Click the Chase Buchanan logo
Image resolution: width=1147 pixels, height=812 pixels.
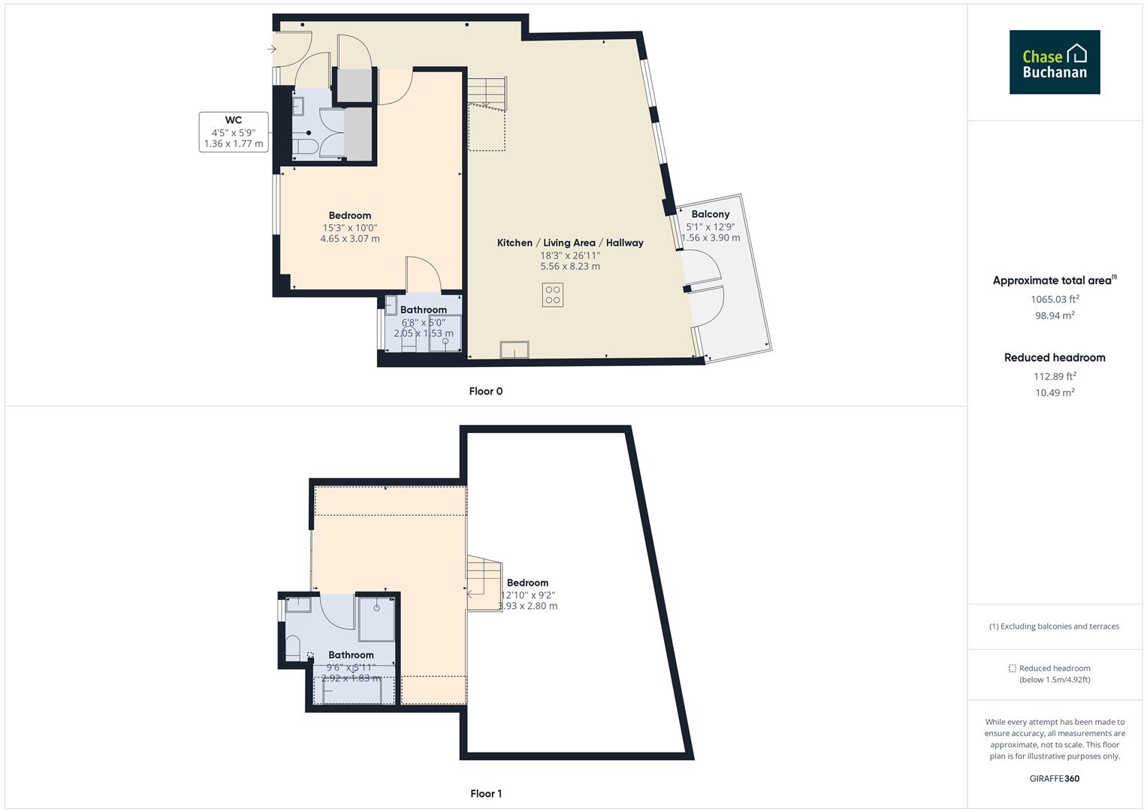pos(1054,62)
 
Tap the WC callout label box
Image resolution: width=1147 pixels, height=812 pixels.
pos(234,132)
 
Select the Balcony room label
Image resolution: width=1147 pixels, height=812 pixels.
pos(710,214)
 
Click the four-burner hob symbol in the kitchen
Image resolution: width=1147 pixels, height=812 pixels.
pos(553,295)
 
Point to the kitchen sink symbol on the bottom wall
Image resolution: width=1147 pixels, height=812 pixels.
pos(515,350)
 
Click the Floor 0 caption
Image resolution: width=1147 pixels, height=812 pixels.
pos(486,391)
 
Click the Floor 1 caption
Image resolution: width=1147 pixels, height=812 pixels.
pos(486,793)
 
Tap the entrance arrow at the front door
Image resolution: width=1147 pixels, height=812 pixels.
pos(271,50)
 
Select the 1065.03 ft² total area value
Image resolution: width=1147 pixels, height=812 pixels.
pos(1055,299)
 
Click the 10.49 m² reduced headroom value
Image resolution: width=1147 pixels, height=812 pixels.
pos(1055,392)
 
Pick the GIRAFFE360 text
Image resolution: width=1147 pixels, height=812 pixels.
pos(1055,778)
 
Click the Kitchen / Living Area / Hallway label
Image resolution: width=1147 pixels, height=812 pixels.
pos(570,243)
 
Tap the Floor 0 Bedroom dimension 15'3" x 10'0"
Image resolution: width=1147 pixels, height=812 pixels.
pos(350,228)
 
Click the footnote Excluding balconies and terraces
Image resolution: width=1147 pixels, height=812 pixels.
pos(1055,626)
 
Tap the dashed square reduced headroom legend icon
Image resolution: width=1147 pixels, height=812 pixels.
pos(1012,668)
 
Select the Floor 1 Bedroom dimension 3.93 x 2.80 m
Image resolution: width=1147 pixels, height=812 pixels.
pos(528,606)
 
